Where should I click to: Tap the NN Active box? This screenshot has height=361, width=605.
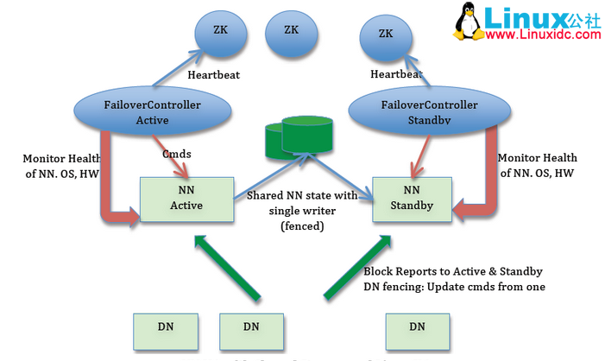tap(186, 199)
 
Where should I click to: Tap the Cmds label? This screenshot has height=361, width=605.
tap(177, 154)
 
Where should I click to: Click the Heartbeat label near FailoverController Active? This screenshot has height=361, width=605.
tap(213, 75)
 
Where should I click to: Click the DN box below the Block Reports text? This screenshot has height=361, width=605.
tap(416, 327)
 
